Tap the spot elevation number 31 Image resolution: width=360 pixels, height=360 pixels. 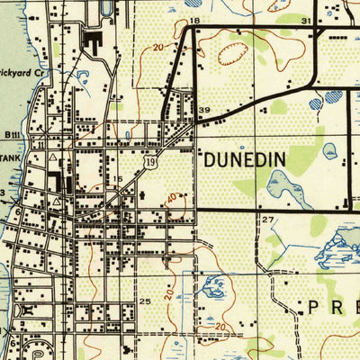306,20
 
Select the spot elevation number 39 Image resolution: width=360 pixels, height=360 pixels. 204,111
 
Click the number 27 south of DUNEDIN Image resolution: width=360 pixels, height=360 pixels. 267,220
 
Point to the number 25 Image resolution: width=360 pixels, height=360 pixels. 145,301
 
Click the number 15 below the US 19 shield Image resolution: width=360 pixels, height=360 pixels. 116,179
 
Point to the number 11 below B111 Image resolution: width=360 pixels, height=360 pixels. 41,144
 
